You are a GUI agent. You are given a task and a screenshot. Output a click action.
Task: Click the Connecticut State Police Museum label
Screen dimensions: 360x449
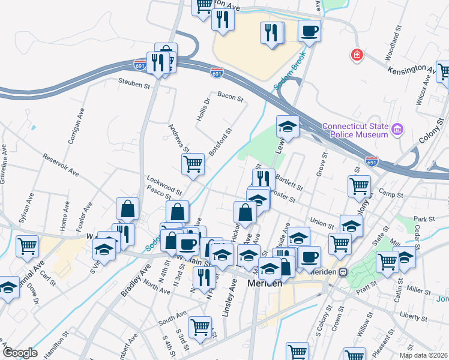[x=355, y=130]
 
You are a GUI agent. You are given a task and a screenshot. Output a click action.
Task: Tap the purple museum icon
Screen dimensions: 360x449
[x=397, y=130]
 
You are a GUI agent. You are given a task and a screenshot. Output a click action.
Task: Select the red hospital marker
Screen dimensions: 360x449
[x=358, y=55]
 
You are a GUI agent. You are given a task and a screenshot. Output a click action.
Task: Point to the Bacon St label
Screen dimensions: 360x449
[x=230, y=96]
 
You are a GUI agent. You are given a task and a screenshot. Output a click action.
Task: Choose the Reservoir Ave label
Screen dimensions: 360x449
[x=61, y=165]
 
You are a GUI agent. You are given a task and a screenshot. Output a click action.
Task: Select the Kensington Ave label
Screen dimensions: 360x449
[x=411, y=70]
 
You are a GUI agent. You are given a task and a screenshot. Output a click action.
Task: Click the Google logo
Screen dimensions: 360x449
[x=20, y=353]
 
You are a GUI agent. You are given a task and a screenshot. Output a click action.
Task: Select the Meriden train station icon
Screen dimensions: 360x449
[x=343, y=272]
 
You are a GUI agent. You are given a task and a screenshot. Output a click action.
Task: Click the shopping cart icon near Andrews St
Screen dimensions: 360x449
[x=193, y=163]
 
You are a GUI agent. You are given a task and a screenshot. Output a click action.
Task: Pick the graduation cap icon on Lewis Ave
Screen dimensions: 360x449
[x=288, y=127]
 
